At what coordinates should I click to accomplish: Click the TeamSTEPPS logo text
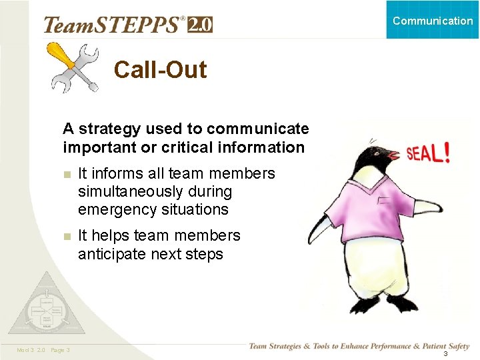(x=114, y=25)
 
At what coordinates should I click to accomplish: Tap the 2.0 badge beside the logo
(x=200, y=25)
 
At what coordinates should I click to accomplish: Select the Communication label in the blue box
(x=433, y=21)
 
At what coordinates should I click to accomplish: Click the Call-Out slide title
(x=160, y=69)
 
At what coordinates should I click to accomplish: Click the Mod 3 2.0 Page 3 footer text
(x=44, y=351)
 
